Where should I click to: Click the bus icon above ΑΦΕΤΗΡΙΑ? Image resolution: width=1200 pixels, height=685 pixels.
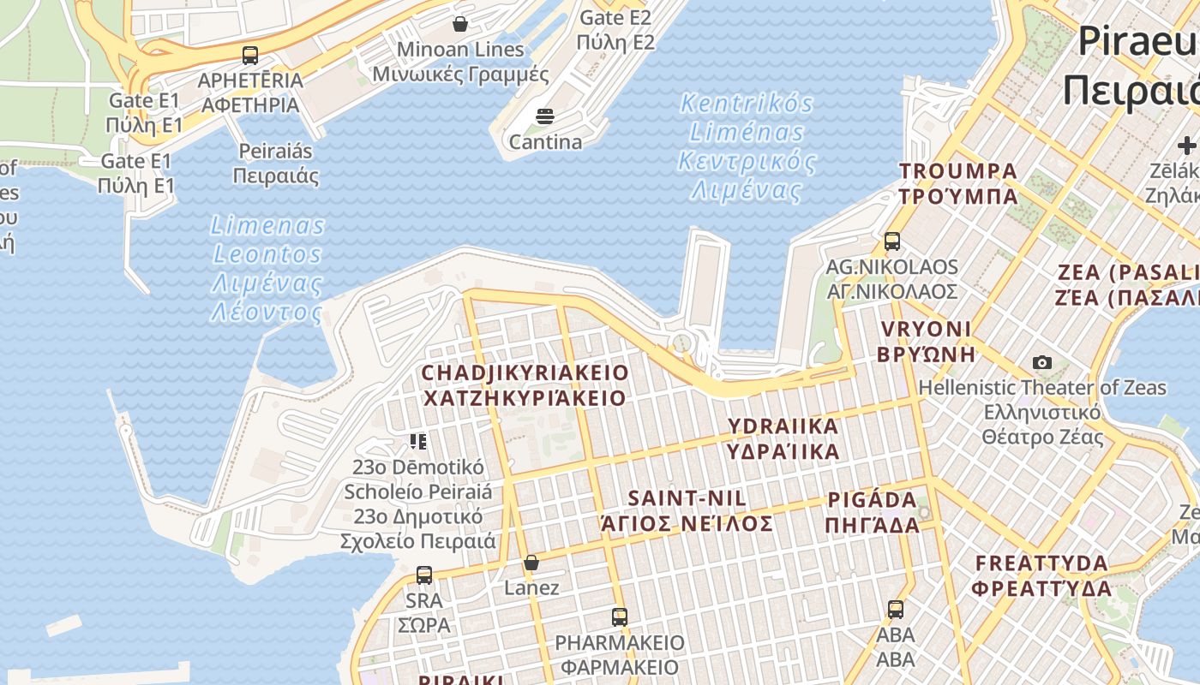coord(250,56)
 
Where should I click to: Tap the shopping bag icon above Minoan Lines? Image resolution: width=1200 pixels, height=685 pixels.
coord(460,23)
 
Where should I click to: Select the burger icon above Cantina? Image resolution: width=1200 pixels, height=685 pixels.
coord(545,116)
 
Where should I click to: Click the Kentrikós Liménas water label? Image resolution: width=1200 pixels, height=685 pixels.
coord(747,147)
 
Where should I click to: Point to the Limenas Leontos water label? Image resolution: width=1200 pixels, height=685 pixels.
coord(268,269)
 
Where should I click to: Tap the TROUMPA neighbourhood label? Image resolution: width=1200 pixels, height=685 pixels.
coord(957,183)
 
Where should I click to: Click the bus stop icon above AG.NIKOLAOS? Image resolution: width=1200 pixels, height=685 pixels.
coord(892,241)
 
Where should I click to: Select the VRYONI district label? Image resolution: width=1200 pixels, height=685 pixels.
coord(927,341)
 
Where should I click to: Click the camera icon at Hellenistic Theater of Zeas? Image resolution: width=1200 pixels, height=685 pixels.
coord(1042,363)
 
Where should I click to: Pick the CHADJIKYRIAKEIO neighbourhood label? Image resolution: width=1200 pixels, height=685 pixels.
coord(525,385)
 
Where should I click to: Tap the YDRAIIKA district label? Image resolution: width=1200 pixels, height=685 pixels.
coord(783,438)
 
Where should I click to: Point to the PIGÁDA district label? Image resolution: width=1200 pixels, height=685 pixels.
coord(873,512)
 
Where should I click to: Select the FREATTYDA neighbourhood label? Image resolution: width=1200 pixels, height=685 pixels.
coord(1042,575)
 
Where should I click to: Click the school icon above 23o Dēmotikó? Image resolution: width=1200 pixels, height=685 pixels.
coord(418,442)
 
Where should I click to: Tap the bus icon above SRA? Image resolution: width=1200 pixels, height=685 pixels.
coord(424,575)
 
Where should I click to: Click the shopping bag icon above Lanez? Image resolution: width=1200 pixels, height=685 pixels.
coord(531,563)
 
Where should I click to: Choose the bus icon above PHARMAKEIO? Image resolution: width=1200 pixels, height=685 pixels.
coord(620,616)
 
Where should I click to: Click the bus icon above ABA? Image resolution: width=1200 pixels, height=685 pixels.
coord(896,610)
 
